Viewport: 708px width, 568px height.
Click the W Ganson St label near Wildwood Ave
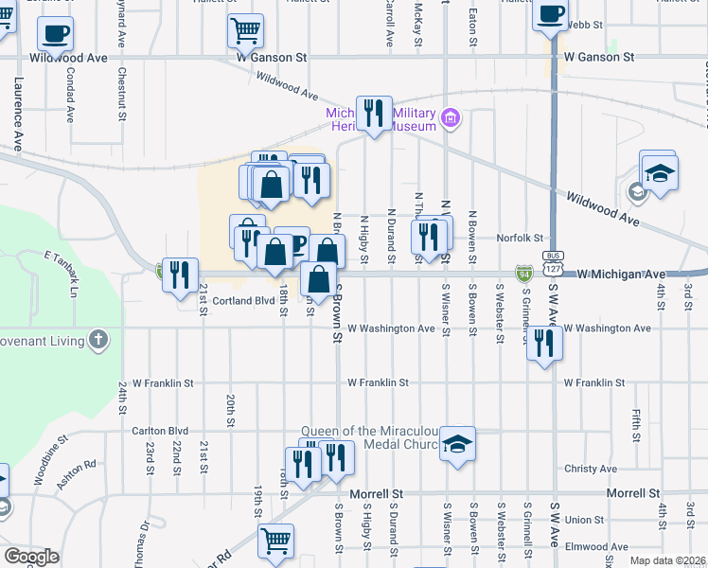[x=273, y=58]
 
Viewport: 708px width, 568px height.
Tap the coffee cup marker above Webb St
[x=550, y=14]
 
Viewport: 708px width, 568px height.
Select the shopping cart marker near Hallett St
[x=245, y=29]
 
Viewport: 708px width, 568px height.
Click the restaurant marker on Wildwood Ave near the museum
[x=374, y=114]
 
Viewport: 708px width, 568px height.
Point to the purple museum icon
[x=451, y=118]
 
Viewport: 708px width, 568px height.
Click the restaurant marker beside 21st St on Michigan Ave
[x=179, y=275]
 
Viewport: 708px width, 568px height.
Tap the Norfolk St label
[x=527, y=239]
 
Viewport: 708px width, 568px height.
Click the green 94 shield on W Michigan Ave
[x=523, y=274]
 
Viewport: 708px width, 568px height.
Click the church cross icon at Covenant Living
[x=98, y=338]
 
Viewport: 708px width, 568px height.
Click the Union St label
[x=584, y=520]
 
